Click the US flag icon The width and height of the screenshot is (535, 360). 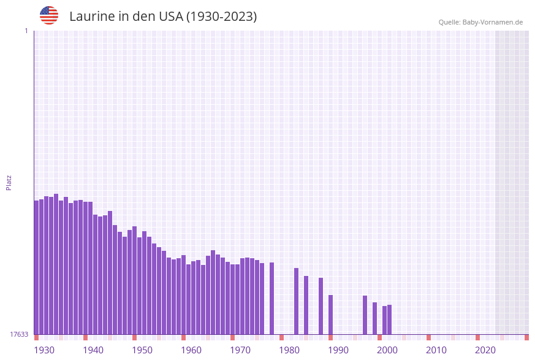coord(49,15)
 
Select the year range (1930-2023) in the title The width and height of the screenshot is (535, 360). coord(221,17)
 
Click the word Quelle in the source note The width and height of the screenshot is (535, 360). coord(449,22)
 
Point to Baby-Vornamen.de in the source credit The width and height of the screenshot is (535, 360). coord(493,22)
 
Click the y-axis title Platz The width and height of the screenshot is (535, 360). coord(9,182)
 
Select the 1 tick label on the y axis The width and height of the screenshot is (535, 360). coord(26,31)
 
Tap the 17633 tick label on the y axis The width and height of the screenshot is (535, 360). coord(19,334)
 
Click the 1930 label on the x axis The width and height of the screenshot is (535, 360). coord(44,350)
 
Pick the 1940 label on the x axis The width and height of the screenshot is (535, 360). coord(93,350)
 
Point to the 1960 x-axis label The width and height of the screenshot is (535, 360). coord(191,350)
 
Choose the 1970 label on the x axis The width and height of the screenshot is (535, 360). coord(240,350)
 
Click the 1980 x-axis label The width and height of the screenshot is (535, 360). coord(289,350)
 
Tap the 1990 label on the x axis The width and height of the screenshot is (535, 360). coord(338,350)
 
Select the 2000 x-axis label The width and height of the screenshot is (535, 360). coord(387,350)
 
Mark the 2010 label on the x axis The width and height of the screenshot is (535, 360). coord(436,350)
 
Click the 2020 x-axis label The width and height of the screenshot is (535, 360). coord(485,350)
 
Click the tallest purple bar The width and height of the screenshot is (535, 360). coord(56,264)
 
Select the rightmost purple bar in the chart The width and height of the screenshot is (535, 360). coord(389,320)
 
